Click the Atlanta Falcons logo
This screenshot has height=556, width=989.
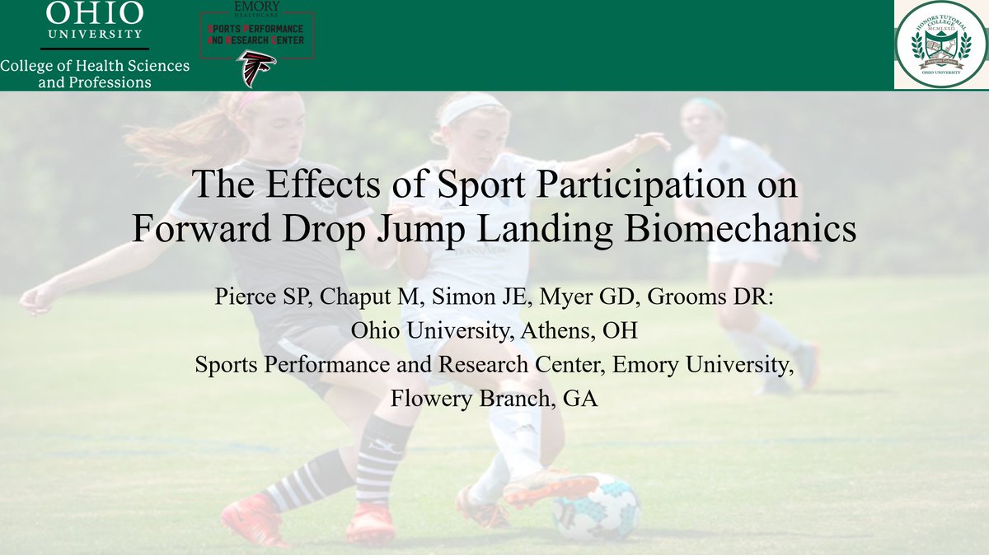257,68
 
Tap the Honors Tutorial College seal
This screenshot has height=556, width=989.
940,44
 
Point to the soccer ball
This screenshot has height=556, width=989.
596,507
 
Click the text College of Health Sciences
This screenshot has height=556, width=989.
95,66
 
